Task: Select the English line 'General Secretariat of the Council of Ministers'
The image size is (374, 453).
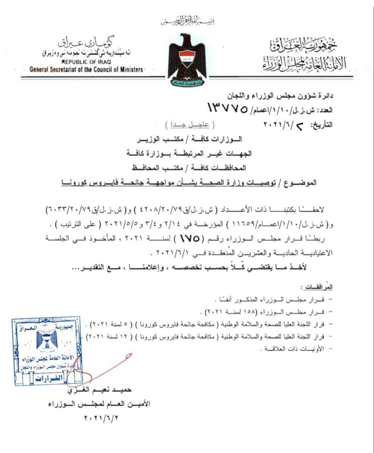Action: tap(86, 69)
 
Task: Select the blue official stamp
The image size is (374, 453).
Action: tap(48, 351)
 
